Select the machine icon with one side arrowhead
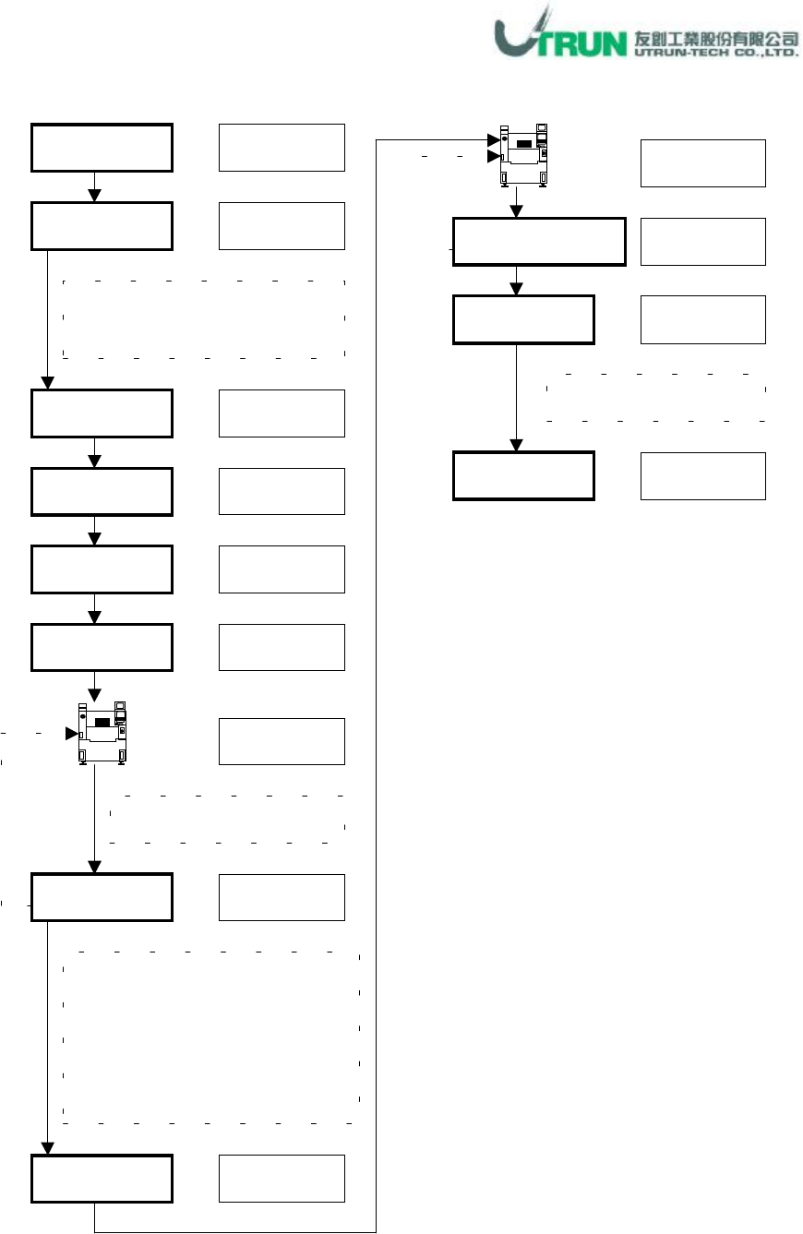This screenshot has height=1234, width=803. (102, 734)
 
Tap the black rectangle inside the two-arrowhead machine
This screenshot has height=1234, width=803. (523, 144)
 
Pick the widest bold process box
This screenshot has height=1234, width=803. (539, 242)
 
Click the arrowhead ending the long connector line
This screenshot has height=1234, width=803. (493, 140)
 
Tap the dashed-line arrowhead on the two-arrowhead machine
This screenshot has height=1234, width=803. (493, 157)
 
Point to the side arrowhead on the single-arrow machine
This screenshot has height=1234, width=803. (71, 734)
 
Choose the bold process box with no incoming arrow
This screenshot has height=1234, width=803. (102, 148)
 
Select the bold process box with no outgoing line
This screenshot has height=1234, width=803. (523, 475)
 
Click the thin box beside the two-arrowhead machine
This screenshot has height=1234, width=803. (702, 163)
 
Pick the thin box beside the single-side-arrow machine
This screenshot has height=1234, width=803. (282, 741)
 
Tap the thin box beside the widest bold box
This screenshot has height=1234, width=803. (702, 242)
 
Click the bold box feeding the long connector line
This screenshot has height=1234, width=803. (102, 1179)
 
